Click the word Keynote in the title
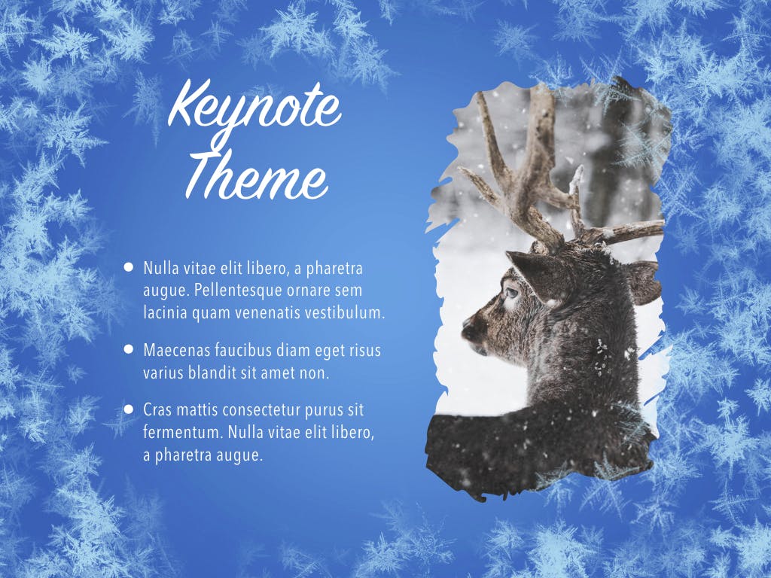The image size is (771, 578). pyautogui.click(x=254, y=108)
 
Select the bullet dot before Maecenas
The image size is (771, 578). pyautogui.click(x=129, y=349)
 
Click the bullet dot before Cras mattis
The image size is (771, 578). pyautogui.click(x=129, y=409)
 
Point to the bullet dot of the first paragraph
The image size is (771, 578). pyautogui.click(x=129, y=266)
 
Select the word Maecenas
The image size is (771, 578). pyautogui.click(x=175, y=351)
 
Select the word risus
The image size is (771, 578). pyautogui.click(x=364, y=351)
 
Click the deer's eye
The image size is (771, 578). pyautogui.click(x=511, y=291)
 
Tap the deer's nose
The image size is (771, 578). pyautogui.click(x=468, y=329)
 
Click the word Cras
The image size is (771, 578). pyautogui.click(x=157, y=411)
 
